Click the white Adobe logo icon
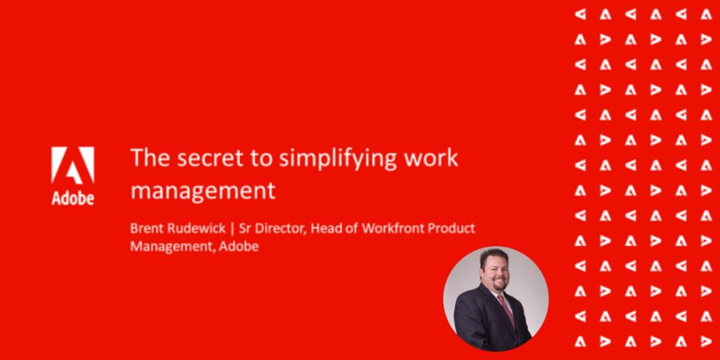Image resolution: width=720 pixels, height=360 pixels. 73,165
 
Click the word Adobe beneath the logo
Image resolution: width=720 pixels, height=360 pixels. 73,197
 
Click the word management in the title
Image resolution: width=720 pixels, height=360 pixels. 203,191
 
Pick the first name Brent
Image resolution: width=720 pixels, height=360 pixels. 145,228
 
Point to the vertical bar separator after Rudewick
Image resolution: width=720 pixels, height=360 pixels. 232,229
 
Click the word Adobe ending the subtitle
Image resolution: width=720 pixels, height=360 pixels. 238,247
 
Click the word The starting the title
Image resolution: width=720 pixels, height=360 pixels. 145,158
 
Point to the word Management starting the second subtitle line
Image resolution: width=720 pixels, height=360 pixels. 172,247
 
